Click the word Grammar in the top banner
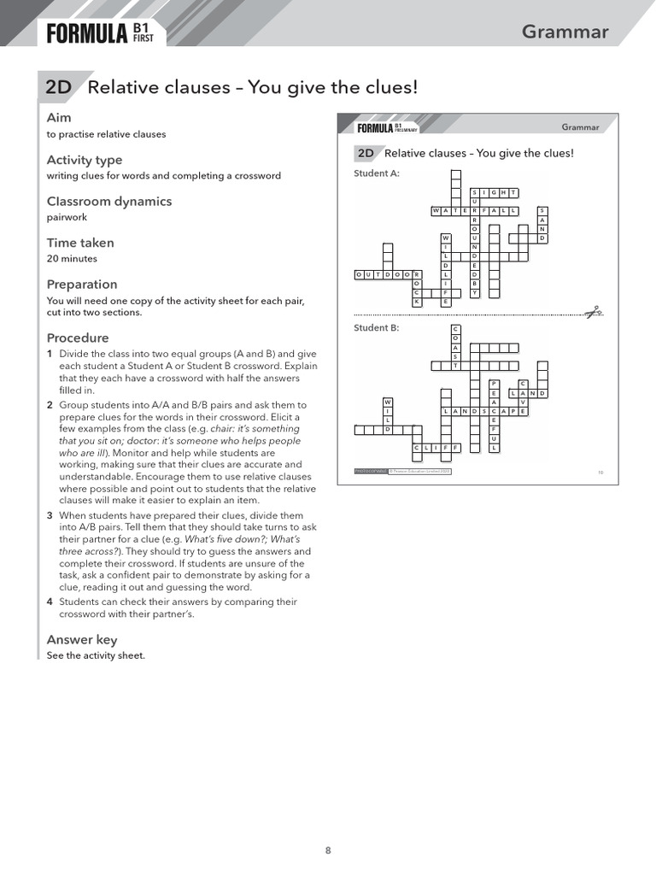pos(565,32)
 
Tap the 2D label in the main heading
pos(58,87)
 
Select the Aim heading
pos(59,118)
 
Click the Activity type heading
pos(85,160)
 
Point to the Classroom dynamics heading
pos(108,202)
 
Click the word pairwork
pos(67,217)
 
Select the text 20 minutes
pos(72,258)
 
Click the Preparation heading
pos(82,285)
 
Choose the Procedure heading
pos(78,338)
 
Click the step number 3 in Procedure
pos(50,516)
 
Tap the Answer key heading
pos(82,640)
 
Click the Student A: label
pos(377,173)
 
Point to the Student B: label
pos(377,327)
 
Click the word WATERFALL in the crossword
pos(475,209)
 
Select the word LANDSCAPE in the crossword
pos(484,411)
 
